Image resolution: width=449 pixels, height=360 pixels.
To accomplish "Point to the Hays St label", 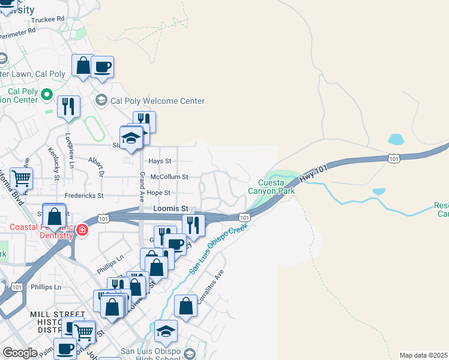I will tap(160, 161).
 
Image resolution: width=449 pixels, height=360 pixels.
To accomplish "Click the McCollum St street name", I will tap(169, 177).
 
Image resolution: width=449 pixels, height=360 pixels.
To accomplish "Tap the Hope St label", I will tap(159, 193).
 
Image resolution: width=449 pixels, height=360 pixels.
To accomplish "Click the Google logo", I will tap(20, 353).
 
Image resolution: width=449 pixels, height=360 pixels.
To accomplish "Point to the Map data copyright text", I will tap(423, 355).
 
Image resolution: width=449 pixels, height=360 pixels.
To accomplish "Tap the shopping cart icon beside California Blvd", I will tap(21, 178).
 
